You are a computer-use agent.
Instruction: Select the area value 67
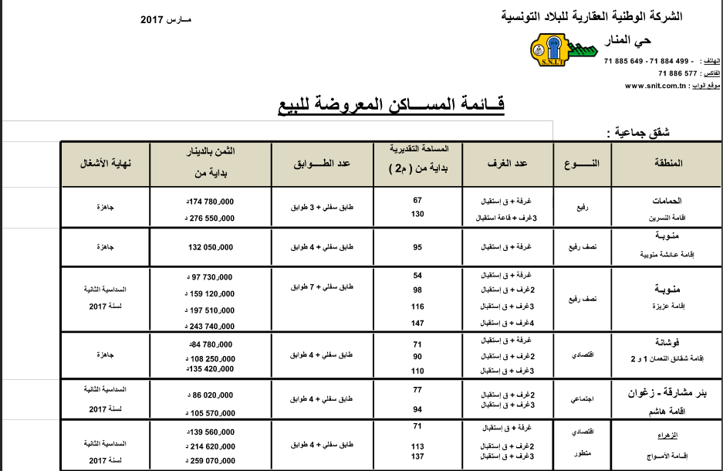pos(417,199)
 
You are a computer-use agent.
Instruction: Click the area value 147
pos(417,323)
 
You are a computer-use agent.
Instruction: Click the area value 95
pos(417,247)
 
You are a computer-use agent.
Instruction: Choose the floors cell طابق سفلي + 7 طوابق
pos(319,286)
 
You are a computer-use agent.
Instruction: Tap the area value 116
pos(417,307)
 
